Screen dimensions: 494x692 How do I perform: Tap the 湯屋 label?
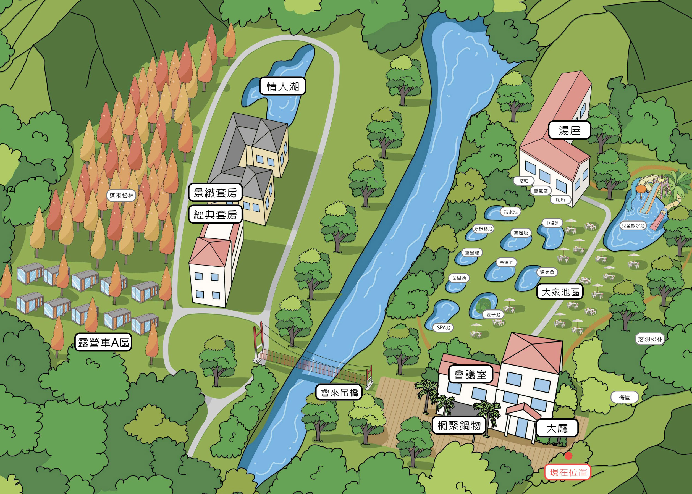click(x=569, y=130)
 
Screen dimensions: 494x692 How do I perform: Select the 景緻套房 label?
click(x=215, y=192)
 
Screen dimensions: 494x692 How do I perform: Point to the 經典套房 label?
click(x=215, y=214)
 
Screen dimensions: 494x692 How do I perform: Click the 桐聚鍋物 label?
click(x=459, y=425)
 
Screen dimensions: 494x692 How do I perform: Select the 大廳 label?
click(x=557, y=428)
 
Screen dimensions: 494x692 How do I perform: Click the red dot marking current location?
click(x=568, y=455)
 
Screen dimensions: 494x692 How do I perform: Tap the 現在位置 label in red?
click(x=568, y=472)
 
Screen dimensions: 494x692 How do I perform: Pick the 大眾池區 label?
click(x=560, y=292)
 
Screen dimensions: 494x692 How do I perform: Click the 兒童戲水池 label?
click(x=633, y=226)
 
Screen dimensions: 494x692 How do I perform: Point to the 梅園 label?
click(x=625, y=397)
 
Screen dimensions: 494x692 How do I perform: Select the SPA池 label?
click(x=444, y=328)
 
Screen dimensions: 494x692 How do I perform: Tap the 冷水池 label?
click(x=510, y=212)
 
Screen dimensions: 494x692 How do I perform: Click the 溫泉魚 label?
click(x=547, y=272)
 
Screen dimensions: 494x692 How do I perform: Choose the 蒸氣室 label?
click(x=541, y=191)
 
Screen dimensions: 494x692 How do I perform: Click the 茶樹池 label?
click(x=459, y=278)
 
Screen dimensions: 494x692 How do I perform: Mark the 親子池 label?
click(x=493, y=314)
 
